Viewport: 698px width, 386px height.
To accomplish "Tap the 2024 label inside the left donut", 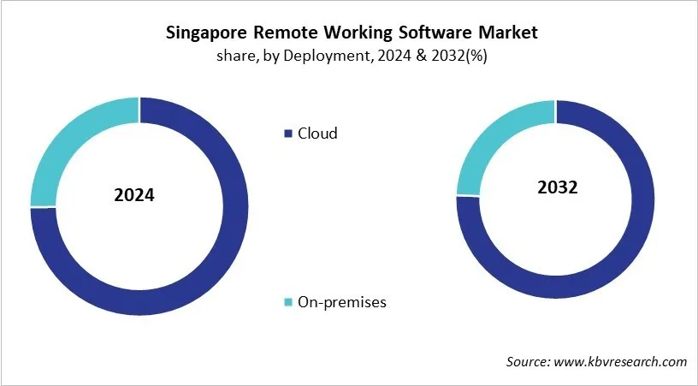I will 134,196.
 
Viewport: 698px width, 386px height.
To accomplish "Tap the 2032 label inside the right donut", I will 557,187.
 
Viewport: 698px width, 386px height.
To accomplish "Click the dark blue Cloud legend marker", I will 288,134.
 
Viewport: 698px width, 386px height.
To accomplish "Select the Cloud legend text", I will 317,134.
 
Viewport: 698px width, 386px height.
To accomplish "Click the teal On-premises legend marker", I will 288,302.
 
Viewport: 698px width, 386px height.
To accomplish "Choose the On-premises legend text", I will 341,302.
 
